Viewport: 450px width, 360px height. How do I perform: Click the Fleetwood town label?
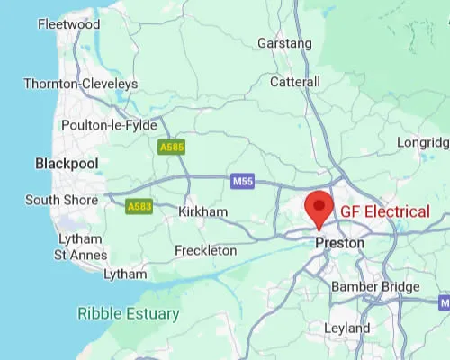pyautogui.click(x=68, y=24)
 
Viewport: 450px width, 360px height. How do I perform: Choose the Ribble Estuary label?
pyautogui.click(x=128, y=314)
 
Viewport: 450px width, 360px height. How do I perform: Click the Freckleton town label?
pyautogui.click(x=205, y=250)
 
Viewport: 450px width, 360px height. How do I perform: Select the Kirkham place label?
pyautogui.click(x=202, y=211)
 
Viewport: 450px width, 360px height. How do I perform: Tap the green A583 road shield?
pyautogui.click(x=139, y=207)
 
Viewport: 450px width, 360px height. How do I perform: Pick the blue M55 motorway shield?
pyautogui.click(x=242, y=181)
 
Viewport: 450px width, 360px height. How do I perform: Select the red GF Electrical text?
pyautogui.click(x=384, y=211)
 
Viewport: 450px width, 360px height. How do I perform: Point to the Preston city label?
pyautogui.click(x=340, y=243)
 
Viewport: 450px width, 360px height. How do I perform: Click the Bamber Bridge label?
pyautogui.click(x=375, y=287)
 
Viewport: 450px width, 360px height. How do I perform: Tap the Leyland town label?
pyautogui.click(x=346, y=329)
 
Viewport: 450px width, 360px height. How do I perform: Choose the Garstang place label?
pyautogui.click(x=284, y=42)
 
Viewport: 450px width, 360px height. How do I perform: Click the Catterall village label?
pyautogui.click(x=295, y=82)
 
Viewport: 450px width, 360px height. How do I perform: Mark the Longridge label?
pyautogui.click(x=424, y=142)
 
